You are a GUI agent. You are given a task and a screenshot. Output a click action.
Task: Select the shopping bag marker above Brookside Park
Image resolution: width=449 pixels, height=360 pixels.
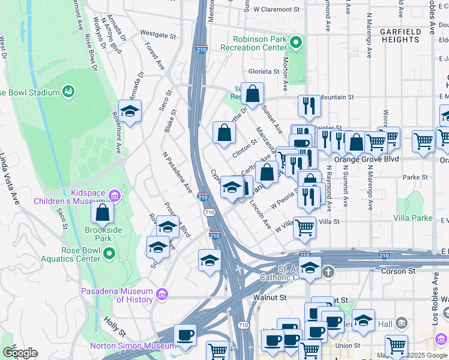[x=103, y=212]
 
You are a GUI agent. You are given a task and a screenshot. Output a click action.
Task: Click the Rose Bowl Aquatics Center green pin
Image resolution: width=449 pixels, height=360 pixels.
[x=109, y=254]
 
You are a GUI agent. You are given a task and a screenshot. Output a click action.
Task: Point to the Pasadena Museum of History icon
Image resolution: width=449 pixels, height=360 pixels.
[x=161, y=295]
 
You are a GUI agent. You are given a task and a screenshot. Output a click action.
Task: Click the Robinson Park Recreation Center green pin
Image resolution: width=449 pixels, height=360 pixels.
[x=295, y=43]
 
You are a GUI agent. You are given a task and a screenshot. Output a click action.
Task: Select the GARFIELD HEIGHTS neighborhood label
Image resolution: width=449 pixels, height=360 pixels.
[x=400, y=35]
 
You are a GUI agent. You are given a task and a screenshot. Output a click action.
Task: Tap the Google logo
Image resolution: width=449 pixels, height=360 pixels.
[x=20, y=353]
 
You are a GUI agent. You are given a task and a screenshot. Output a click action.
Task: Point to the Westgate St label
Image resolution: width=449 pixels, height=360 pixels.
[x=157, y=34]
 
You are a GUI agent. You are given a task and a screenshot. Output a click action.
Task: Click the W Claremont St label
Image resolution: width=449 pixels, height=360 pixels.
[x=276, y=10]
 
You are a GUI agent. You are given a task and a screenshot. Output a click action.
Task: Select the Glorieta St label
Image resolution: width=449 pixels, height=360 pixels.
[x=264, y=71]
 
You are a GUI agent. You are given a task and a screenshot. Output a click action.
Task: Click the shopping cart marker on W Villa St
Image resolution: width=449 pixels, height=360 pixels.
[x=306, y=227]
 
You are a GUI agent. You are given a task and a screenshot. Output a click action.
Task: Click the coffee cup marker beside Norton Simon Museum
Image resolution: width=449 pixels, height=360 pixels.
[x=185, y=334]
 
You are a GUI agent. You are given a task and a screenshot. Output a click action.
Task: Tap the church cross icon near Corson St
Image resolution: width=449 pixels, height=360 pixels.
[x=328, y=272]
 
